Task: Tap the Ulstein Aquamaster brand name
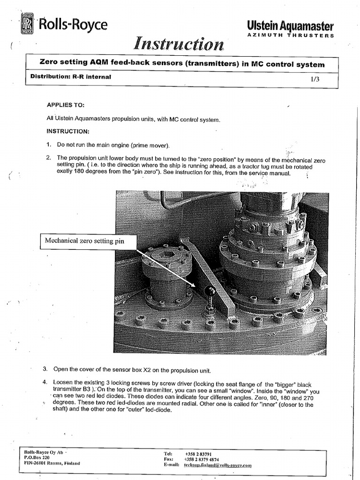(290, 26)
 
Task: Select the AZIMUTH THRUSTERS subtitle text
(291, 36)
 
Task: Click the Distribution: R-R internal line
(70, 76)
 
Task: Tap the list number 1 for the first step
(49, 145)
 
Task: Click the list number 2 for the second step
(49, 158)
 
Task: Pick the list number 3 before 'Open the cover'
(45, 368)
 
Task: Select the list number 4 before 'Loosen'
(45, 382)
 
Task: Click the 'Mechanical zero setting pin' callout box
(89, 241)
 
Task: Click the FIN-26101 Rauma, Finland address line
(52, 463)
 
